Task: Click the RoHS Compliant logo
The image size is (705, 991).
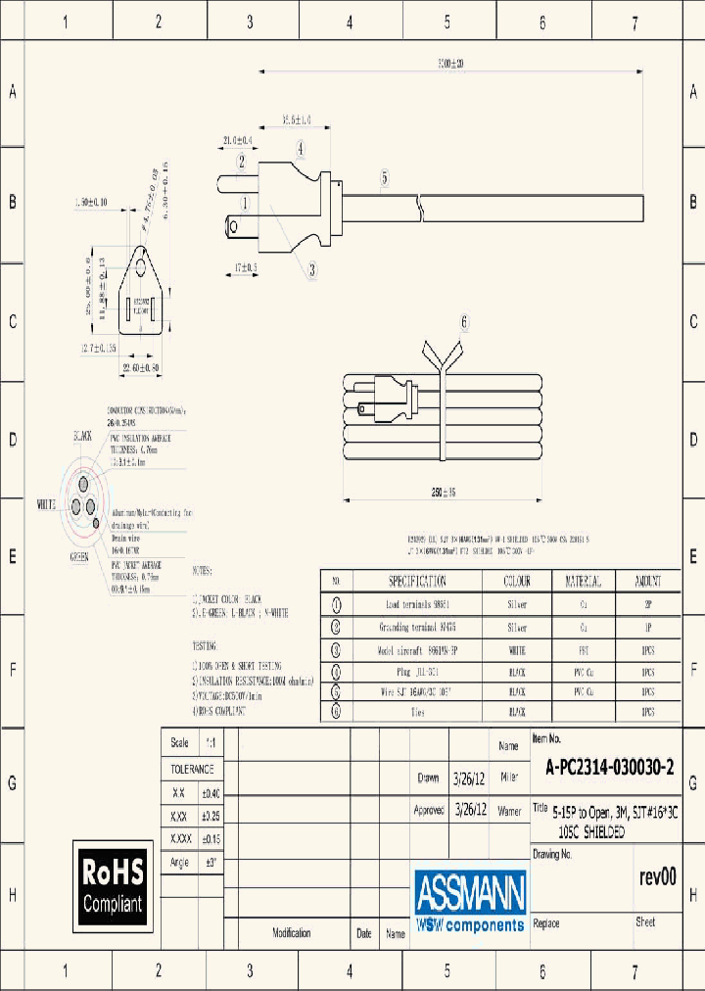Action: point(113,885)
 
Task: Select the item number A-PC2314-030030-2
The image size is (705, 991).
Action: point(609,769)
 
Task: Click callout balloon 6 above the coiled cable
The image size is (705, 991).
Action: point(464,321)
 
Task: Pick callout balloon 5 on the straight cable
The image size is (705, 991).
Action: point(385,178)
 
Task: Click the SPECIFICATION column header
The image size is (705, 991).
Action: point(417,581)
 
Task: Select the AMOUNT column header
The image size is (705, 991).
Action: point(647,581)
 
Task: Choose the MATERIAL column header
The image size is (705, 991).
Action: point(584,581)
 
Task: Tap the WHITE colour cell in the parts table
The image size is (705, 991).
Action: point(517,649)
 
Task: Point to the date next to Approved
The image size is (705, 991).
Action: point(470,811)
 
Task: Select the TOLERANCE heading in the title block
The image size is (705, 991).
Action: point(192,770)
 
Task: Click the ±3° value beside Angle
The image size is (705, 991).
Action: point(212,862)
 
